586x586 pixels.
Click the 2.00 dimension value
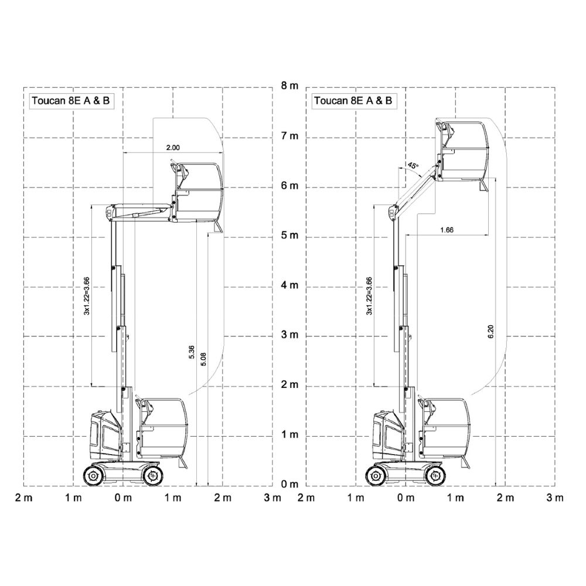[173, 148]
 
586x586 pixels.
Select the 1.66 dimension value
[447, 230]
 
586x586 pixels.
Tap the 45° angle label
[413, 165]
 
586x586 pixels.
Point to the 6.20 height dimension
[491, 332]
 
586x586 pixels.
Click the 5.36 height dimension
[192, 352]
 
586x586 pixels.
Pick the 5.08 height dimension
[203, 359]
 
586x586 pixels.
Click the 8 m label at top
[289, 86]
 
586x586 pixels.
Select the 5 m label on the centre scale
[289, 236]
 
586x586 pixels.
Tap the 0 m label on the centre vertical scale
[289, 485]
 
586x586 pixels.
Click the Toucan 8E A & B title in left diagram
[71, 101]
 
